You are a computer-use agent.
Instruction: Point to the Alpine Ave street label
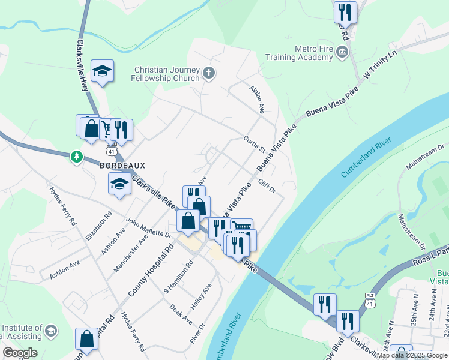tap(256, 99)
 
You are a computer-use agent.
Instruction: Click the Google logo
tap(20, 353)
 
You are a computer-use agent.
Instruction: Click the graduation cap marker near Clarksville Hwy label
tap(103, 72)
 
